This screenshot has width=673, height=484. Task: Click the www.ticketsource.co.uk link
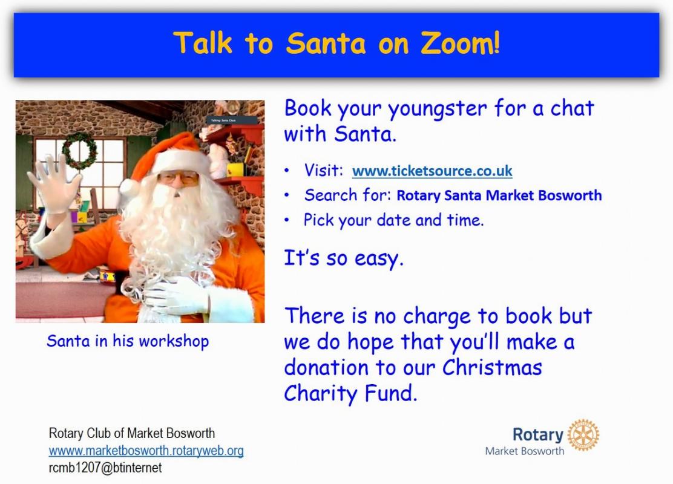click(432, 171)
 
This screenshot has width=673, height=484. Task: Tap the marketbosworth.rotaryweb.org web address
click(146, 451)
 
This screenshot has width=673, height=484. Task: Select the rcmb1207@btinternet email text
click(105, 467)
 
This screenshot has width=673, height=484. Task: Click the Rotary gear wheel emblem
click(583, 435)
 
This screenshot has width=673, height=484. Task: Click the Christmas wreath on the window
click(79, 150)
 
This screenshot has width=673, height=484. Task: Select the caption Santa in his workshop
click(128, 341)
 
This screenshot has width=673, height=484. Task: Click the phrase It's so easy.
click(344, 259)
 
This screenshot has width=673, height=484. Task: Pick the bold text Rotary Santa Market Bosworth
click(499, 195)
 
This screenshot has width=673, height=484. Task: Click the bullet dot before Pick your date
click(287, 221)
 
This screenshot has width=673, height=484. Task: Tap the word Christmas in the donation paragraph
click(492, 367)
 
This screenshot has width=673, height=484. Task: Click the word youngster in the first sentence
click(438, 109)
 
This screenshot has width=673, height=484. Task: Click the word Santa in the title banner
click(326, 43)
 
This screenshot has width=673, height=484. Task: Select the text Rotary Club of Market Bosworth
click(132, 433)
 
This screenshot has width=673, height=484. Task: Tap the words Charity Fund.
click(350, 393)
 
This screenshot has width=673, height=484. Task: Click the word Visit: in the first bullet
click(324, 171)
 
